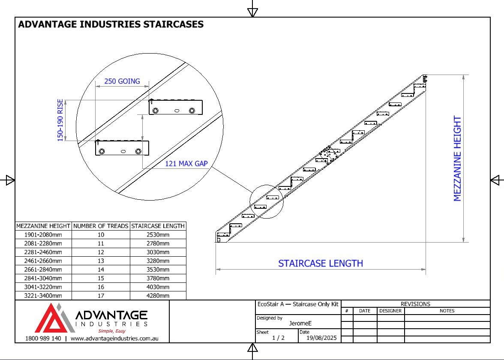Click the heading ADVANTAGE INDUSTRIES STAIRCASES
pyautogui.click(x=111, y=24)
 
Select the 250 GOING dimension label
pyautogui.click(x=122, y=81)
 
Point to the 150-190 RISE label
pyautogui.click(x=60, y=120)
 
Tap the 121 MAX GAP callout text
pyautogui.click(x=186, y=164)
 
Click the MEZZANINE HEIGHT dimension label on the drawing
pyautogui.click(x=457, y=159)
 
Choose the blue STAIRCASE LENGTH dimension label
pyautogui.click(x=321, y=264)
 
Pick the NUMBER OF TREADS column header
pyautogui.click(x=101, y=226)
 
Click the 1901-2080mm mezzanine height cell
pyautogui.click(x=43, y=235)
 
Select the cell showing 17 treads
pyautogui.click(x=101, y=296)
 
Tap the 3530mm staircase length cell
pyautogui.click(x=158, y=270)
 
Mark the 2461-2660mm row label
pyautogui.click(x=43, y=261)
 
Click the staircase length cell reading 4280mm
pyautogui.click(x=158, y=296)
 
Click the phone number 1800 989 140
pyautogui.click(x=43, y=339)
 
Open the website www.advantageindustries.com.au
pyautogui.click(x=114, y=339)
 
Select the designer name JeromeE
pyautogui.click(x=300, y=323)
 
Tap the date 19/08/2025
pyautogui.click(x=321, y=338)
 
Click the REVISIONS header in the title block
pyautogui.click(x=415, y=304)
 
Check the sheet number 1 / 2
pyautogui.click(x=279, y=338)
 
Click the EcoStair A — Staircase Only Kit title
pyautogui.click(x=298, y=304)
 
